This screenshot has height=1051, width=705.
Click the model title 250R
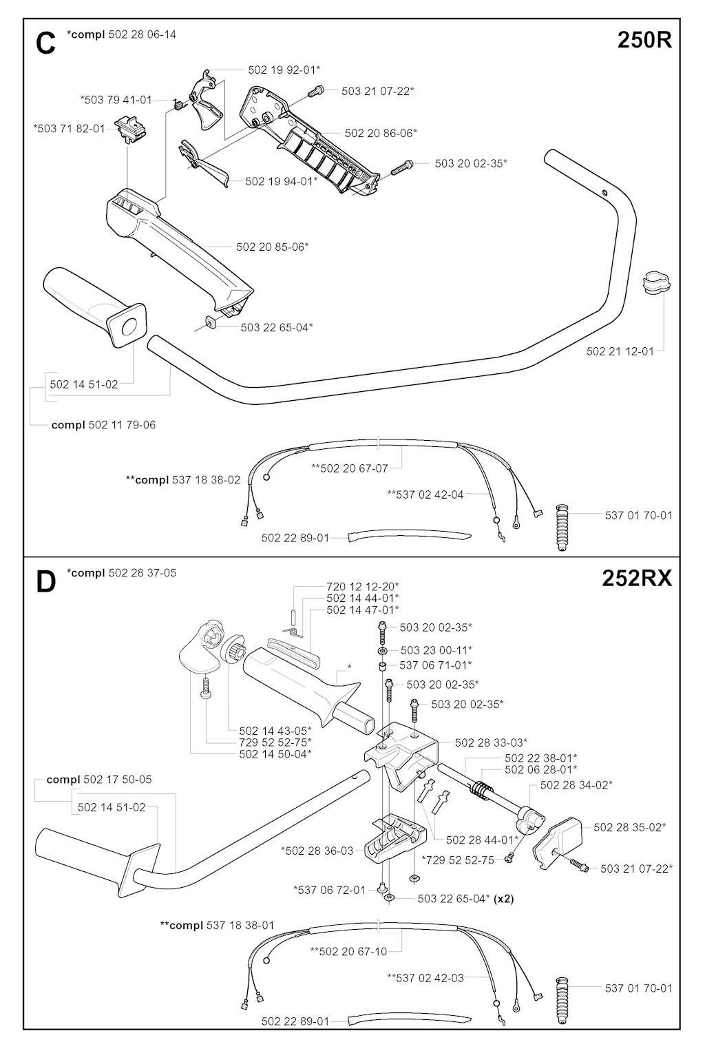644,41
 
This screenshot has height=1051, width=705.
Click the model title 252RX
636,579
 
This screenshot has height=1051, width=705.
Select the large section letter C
45,44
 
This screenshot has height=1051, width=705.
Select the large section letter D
45,583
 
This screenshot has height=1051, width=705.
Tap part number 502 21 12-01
620,351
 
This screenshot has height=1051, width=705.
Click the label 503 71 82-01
69,128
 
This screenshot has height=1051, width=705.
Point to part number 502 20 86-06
381,133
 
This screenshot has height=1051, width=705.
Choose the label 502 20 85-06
273,247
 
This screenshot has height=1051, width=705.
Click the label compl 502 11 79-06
103,425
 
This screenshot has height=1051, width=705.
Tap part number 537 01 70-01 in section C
638,515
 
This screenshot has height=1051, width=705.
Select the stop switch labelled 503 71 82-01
132,128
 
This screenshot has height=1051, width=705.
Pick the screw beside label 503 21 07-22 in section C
317,90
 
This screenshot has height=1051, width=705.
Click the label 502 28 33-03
492,742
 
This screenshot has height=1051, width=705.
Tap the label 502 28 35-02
629,826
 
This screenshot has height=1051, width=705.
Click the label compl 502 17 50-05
99,780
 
